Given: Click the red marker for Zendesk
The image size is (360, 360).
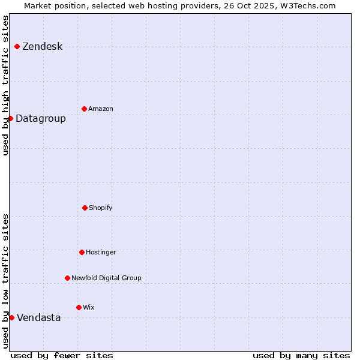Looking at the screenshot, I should pyautogui.click(x=17, y=46).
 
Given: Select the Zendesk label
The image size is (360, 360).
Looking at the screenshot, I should pyautogui.click(x=42, y=47).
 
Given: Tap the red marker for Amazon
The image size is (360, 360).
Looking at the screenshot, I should pyautogui.click(x=84, y=109).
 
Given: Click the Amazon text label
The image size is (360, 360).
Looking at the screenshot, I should pyautogui.click(x=101, y=109).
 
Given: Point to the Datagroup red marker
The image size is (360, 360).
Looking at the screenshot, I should pyautogui.click(x=10, y=118).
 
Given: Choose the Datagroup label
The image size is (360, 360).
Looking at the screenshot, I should pyautogui.click(x=41, y=119).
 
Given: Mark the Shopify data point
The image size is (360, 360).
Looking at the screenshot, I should pyautogui.click(x=85, y=208).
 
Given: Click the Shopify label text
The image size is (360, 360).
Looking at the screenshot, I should pyautogui.click(x=101, y=208).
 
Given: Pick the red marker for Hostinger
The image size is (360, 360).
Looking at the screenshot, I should pyautogui.click(x=82, y=252).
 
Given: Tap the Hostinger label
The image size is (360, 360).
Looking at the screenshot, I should pyautogui.click(x=101, y=253).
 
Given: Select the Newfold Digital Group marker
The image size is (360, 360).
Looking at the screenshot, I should pyautogui.click(x=67, y=278).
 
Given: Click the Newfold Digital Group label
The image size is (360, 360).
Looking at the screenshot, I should pyautogui.click(x=106, y=278).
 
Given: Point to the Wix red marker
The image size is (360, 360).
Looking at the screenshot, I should pyautogui.click(x=79, y=307).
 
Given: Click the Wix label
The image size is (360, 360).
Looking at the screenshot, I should pyautogui.click(x=89, y=308).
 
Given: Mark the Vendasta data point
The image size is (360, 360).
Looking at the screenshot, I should pyautogui.click(x=11, y=317).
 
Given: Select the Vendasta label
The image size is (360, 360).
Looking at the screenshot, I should pyautogui.click(x=39, y=318).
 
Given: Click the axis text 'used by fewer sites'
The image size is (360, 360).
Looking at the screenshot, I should pyautogui.click(x=62, y=355).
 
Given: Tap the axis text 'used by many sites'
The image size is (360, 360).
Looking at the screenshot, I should pyautogui.click(x=301, y=355).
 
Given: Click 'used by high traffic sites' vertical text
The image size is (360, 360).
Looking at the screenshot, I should pyautogui.click(x=6, y=85).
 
